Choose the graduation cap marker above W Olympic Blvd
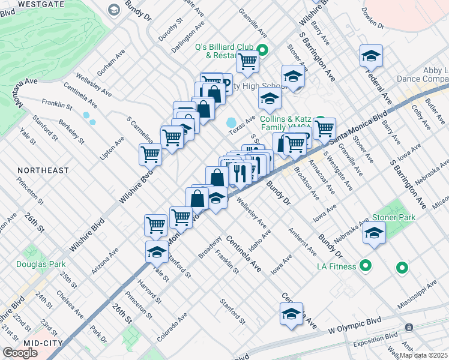[x=291, y=314]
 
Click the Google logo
[x=20, y=353]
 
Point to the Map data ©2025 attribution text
[x=423, y=355]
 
